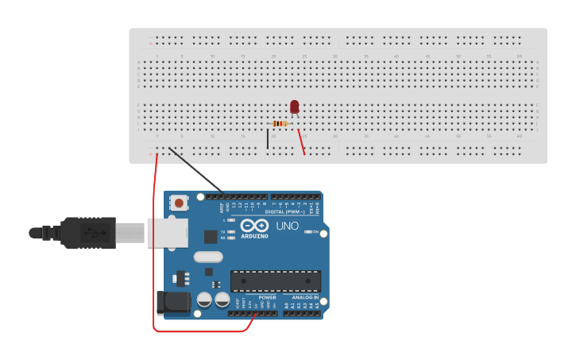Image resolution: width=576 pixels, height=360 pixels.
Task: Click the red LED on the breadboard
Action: [x=294, y=106]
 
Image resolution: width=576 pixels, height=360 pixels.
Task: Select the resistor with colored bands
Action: [x=279, y=123]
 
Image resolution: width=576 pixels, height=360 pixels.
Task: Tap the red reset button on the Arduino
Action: [x=179, y=203]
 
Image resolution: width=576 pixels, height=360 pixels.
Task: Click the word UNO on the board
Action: [x=287, y=226]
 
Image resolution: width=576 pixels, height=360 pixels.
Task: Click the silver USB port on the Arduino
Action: [x=167, y=233]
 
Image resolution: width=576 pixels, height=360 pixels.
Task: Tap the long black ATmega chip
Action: [x=276, y=281]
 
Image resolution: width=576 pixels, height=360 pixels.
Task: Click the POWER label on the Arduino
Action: [x=267, y=297]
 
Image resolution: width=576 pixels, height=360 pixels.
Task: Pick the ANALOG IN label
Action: [x=305, y=297]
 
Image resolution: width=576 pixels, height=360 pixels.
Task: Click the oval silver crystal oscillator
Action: [x=208, y=257]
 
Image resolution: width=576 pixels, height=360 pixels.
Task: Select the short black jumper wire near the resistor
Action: [x=268, y=139]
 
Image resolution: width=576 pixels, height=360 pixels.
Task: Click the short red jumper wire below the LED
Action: [x=301, y=141]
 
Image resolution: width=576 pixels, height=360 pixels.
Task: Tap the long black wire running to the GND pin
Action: [x=197, y=170]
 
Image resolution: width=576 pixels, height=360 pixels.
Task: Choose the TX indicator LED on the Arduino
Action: [x=230, y=231]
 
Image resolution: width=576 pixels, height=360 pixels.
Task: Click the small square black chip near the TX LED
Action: [x=211, y=236]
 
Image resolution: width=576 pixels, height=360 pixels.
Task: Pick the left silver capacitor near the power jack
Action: [x=204, y=300]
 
